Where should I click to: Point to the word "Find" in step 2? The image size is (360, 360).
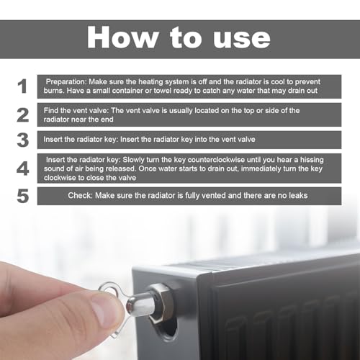(52, 109)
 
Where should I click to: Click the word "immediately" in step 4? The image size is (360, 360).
(269, 168)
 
